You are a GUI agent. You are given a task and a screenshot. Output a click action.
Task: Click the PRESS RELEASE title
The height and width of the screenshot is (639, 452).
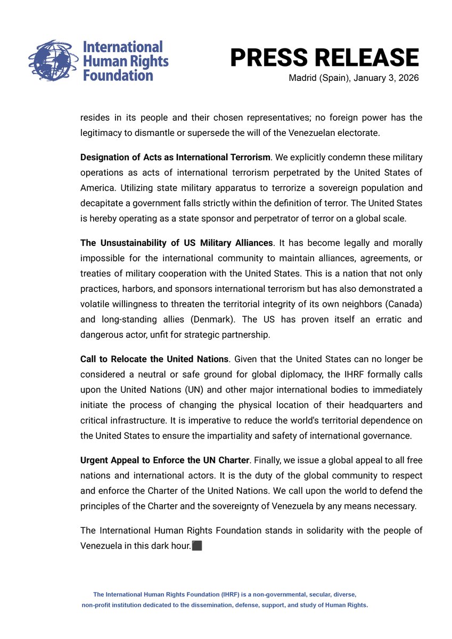coord(324,58)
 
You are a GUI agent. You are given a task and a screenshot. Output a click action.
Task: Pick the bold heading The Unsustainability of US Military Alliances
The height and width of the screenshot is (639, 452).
coord(176,243)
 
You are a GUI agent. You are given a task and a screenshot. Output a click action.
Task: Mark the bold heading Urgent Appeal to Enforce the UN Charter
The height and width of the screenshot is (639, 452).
coord(165,460)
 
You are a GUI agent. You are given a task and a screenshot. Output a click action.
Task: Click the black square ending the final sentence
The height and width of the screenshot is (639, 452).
coord(197,546)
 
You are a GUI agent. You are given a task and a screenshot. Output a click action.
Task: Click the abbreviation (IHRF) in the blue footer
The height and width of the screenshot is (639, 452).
coord(213,594)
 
